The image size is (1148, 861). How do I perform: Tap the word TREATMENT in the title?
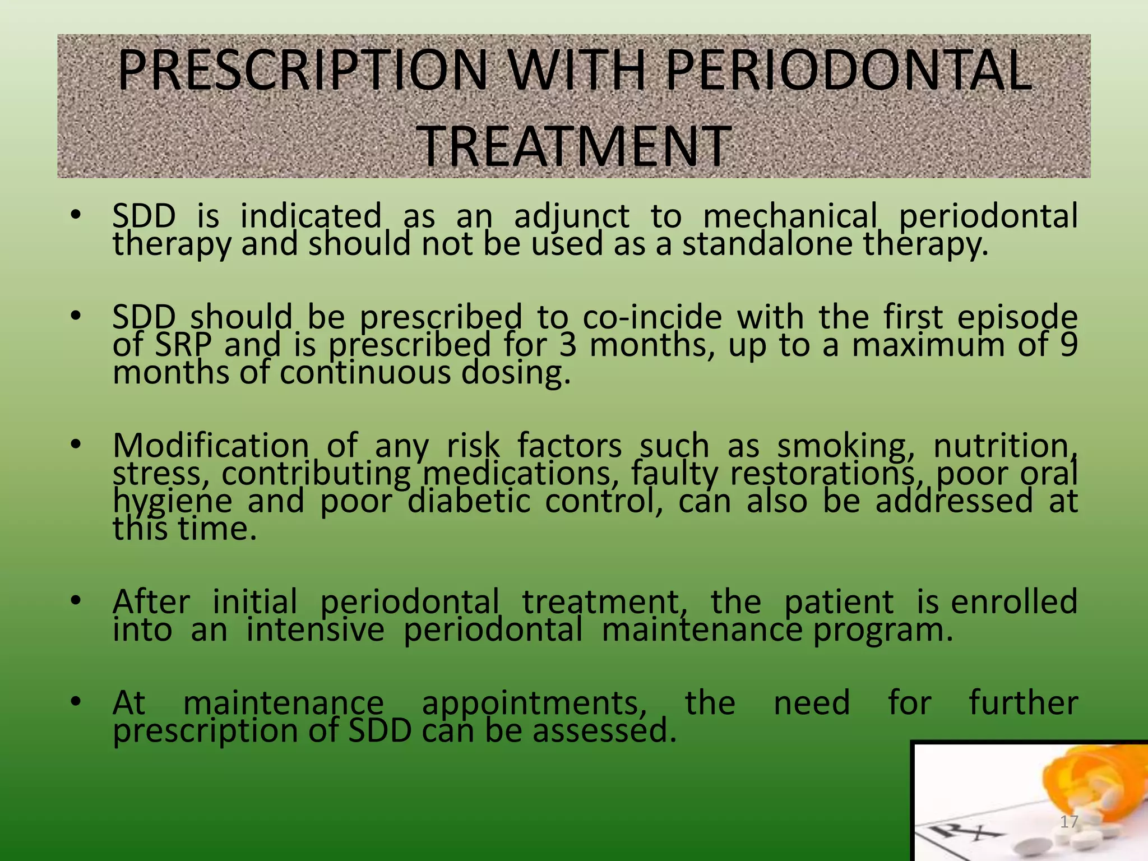click(x=574, y=147)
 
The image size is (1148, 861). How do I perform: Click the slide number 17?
click(x=1069, y=822)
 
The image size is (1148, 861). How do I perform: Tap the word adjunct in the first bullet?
click(x=572, y=216)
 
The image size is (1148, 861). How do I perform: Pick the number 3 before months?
click(x=568, y=345)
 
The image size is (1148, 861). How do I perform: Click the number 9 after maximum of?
click(x=1068, y=345)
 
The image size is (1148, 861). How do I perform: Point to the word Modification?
click(x=211, y=446)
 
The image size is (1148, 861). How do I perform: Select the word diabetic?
click(x=469, y=501)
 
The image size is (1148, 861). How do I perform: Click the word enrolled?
click(x=1014, y=602)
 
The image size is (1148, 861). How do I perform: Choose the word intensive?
click(x=315, y=630)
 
